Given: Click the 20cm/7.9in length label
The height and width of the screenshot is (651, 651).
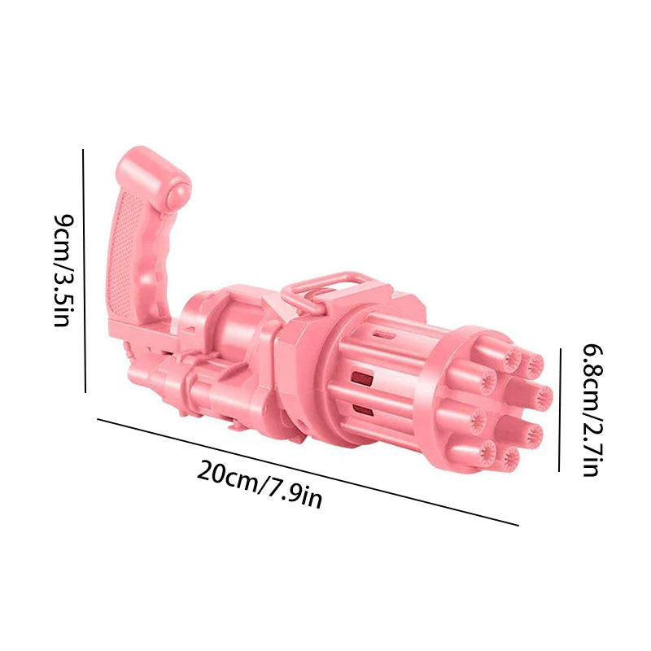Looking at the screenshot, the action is click(259, 484).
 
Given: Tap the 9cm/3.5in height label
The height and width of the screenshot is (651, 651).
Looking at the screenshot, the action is click(64, 271).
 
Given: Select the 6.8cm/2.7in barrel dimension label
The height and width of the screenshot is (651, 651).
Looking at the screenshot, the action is click(592, 410).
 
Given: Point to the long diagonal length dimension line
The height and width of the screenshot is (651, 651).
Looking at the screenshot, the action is click(308, 472).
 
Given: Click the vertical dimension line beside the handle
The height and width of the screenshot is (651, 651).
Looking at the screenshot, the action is click(84, 271).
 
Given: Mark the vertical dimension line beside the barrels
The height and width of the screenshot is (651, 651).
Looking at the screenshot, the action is click(560, 410).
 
